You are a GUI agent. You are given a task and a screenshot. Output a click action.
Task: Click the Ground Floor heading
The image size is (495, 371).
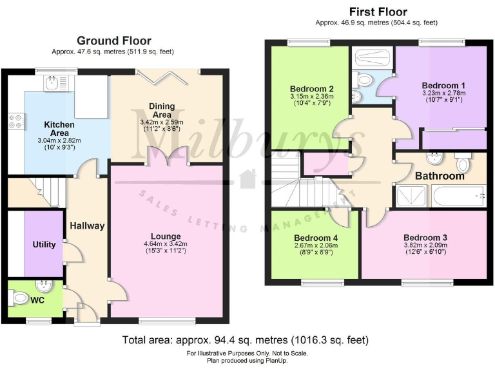pyautogui.click(x=114, y=41)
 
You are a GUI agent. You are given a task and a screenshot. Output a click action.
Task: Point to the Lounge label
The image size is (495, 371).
pyautogui.click(x=166, y=236)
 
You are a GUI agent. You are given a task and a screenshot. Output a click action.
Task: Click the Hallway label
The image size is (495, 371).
pyautogui.click(x=87, y=226)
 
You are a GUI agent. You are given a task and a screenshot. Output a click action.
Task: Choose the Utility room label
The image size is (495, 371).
pyautogui.click(x=44, y=245)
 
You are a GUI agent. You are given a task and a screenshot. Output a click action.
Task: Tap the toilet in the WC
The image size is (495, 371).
pyautogui.click(x=19, y=298)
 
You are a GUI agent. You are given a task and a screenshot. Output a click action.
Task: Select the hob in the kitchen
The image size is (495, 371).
pyautogui.click(x=16, y=120)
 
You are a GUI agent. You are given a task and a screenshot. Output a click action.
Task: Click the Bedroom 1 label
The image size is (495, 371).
pyautogui.click(x=443, y=85)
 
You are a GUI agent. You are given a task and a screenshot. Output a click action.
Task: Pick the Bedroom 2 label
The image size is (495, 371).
pyautogui.click(x=311, y=89)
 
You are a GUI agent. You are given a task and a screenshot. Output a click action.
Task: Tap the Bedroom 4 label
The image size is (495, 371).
pyautogui.click(x=316, y=238)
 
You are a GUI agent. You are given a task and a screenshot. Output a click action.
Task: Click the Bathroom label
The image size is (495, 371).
pyautogui.click(x=440, y=176)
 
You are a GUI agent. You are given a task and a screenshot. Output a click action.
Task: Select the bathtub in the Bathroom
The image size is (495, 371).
pyautogui.click(x=460, y=196)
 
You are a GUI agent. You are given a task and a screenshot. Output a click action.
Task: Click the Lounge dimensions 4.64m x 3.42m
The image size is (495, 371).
pyautogui.click(x=166, y=244)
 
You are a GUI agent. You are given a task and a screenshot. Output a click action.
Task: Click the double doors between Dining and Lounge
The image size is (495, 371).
pyautogui.click(x=167, y=156)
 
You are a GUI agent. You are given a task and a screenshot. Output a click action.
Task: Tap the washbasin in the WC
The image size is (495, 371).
pyautogui.click(x=44, y=285)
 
